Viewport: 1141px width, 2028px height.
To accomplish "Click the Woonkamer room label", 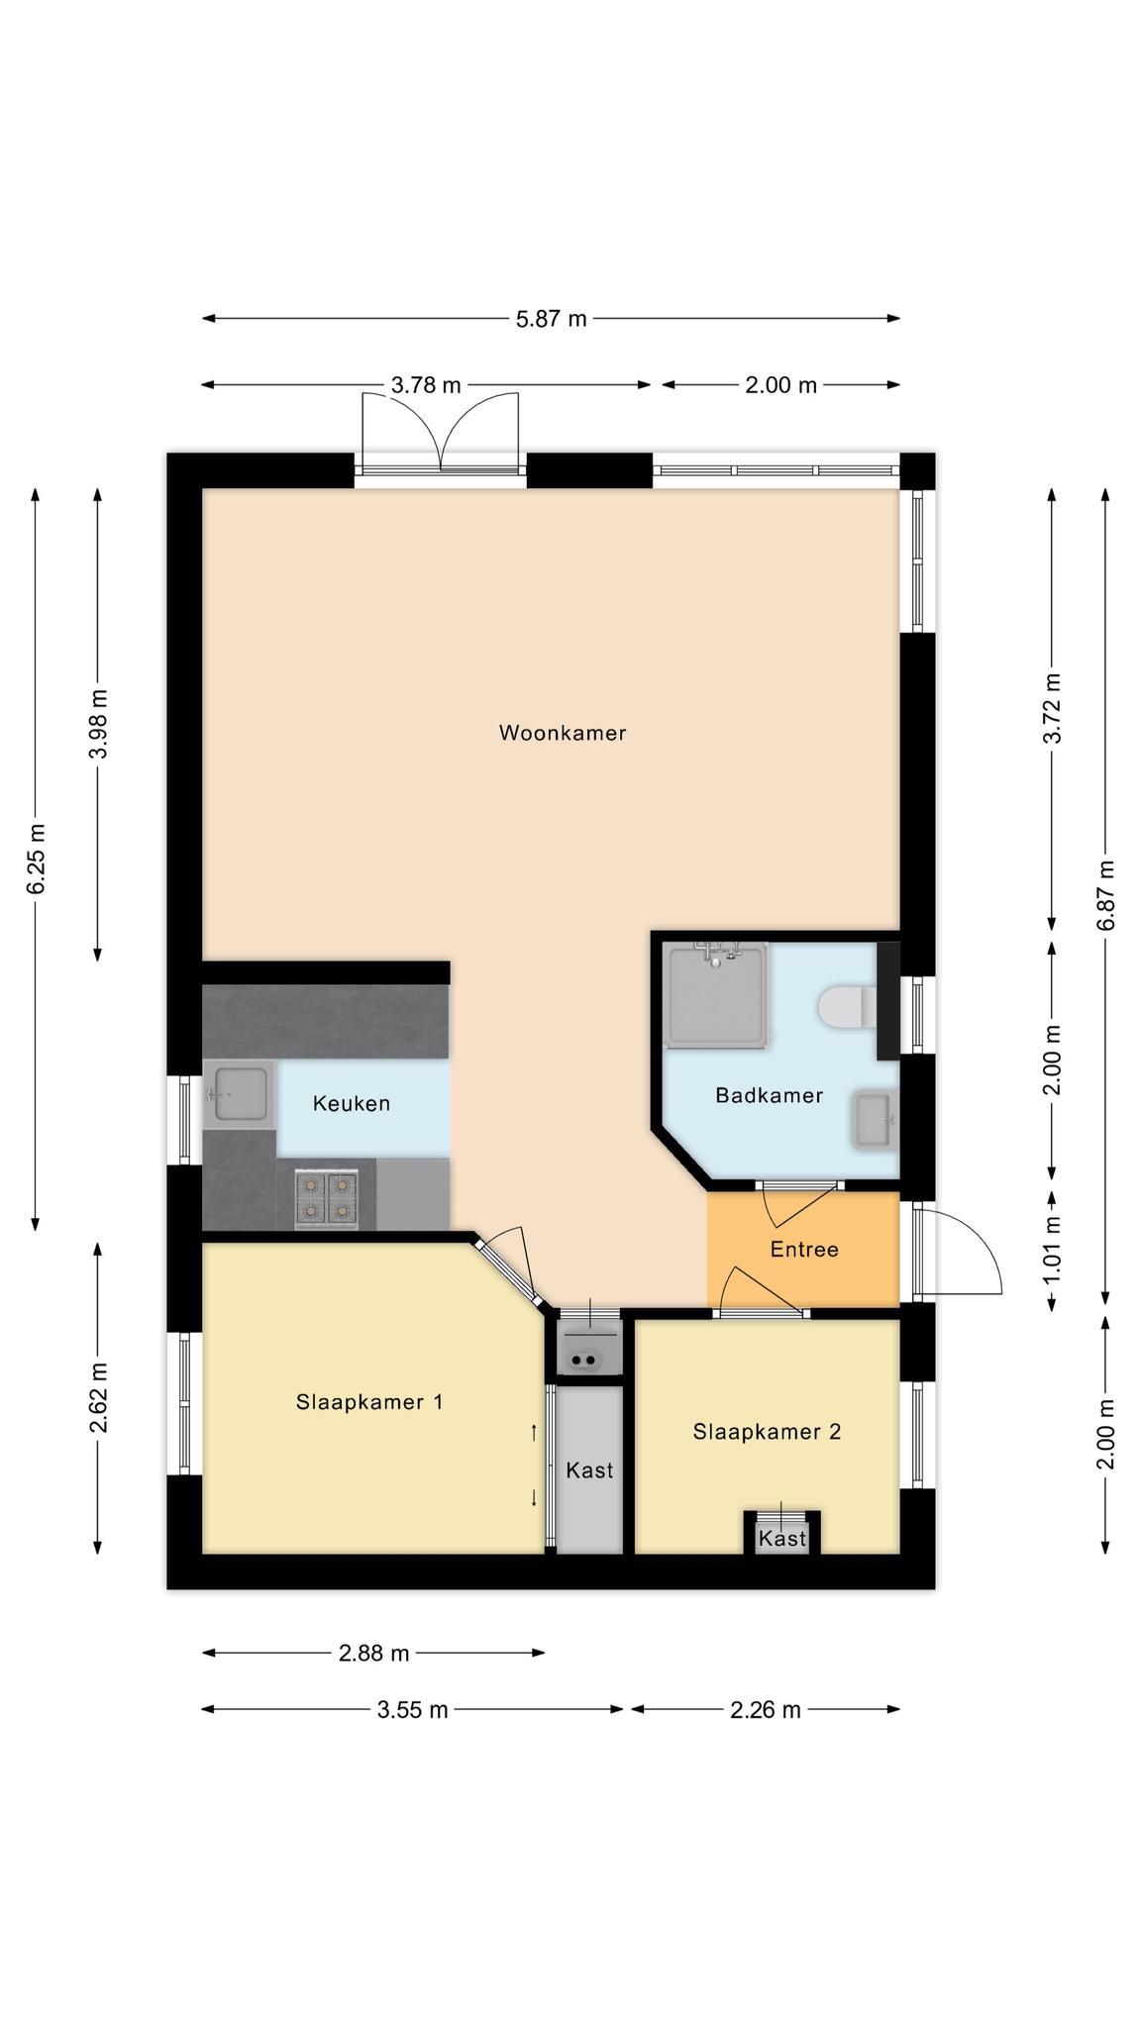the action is point(562,733).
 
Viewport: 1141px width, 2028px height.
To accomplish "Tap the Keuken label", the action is point(351,1103).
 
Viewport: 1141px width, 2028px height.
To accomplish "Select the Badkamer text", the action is point(770,1095).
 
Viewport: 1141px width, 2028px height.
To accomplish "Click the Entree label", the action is point(804,1250).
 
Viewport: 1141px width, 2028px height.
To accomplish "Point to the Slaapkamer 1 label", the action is point(369,1402).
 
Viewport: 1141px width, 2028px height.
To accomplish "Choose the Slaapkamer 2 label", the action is point(767,1432).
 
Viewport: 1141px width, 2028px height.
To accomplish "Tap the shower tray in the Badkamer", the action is point(717,994).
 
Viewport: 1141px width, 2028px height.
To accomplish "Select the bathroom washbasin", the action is point(874,1120).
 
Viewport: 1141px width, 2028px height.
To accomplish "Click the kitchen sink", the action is point(238,1095).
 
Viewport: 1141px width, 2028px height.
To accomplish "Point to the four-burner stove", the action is point(326,1199).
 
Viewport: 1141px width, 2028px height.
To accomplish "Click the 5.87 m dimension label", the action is point(552,319).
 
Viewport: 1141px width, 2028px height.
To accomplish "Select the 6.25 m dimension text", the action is point(37,859).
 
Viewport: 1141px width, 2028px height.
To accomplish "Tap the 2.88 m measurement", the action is point(373,1653).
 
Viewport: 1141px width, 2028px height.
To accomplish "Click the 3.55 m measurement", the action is point(412,1710).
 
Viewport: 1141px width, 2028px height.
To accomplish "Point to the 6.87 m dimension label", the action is point(1106,895).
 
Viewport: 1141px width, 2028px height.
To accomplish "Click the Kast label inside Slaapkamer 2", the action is point(782,1539).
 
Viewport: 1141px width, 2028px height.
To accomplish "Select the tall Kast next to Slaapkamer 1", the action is point(589,1470).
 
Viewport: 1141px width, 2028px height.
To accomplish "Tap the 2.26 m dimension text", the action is point(766,1710).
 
